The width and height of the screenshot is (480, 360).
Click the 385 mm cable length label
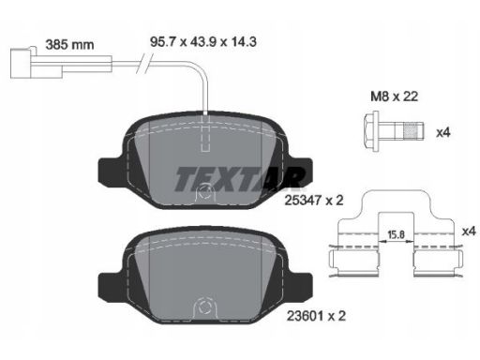69,45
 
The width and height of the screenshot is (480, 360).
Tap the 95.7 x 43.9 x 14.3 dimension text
203,41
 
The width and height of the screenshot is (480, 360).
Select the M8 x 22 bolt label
394,97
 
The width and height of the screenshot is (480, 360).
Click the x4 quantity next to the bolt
443,132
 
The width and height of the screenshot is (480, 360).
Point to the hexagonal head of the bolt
371,131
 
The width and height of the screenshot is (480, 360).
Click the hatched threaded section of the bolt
411,131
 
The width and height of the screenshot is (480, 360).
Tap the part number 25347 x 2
314,200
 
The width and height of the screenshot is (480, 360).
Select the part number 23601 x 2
316,316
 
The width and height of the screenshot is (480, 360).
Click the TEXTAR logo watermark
240,179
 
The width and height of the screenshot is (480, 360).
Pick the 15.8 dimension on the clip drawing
396,234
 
